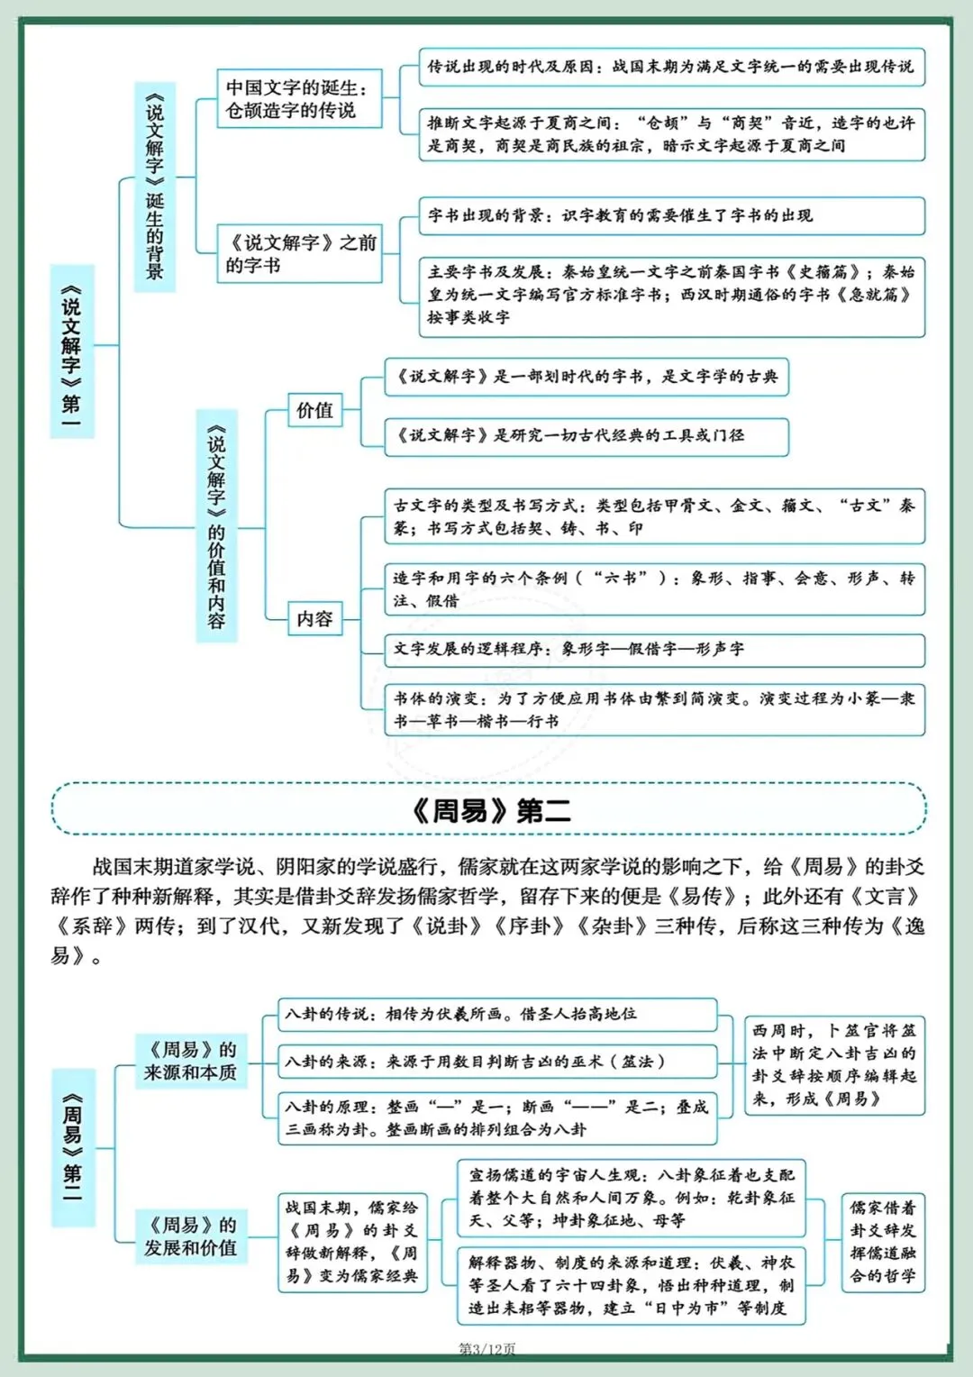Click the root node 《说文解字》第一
coord(72,351)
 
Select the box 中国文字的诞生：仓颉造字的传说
coord(299,98)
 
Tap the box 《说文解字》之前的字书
coord(300,253)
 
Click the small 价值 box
coord(314,410)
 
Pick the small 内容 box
coord(314,618)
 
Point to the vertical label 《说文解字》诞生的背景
coord(155,187)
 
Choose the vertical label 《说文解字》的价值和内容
coord(216,526)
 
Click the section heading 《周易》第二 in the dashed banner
coord(490,810)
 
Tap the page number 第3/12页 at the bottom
coord(487,1349)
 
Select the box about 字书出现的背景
coord(671,215)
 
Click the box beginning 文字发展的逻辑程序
coord(654,649)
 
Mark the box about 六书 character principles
coord(654,588)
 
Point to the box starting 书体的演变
coord(654,709)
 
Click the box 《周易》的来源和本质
coord(190,1061)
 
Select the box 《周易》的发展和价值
coord(190,1236)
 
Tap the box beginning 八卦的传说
coord(497,1014)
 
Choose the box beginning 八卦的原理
coord(497,1117)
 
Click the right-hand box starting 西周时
coord(833,1064)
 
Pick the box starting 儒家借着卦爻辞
coord(882,1241)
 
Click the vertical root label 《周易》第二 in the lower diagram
coord(72,1146)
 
